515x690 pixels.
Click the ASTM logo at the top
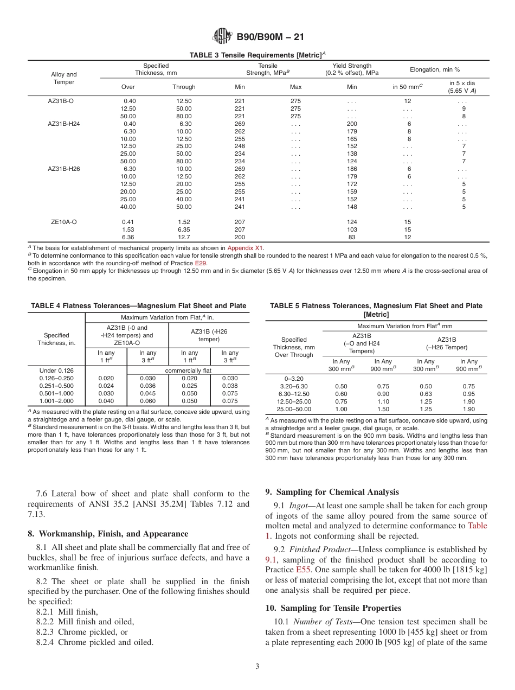point(223,36)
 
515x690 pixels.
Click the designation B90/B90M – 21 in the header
point(270,37)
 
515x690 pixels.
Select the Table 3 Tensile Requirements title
point(257,55)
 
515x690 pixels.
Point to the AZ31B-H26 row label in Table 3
point(64,169)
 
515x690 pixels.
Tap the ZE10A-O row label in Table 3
point(64,222)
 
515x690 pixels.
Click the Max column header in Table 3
point(295,87)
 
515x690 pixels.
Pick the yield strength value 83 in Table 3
point(352,237)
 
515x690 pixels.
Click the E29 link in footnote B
point(200,263)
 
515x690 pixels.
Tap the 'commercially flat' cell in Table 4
point(188,370)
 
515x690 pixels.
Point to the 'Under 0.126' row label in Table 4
point(56,370)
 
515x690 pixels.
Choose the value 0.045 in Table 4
point(147,393)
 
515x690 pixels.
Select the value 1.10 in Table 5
point(383,401)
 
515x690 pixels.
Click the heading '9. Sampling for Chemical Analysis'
point(332,492)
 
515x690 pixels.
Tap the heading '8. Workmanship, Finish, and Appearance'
point(108,534)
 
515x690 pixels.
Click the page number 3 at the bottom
point(257,667)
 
